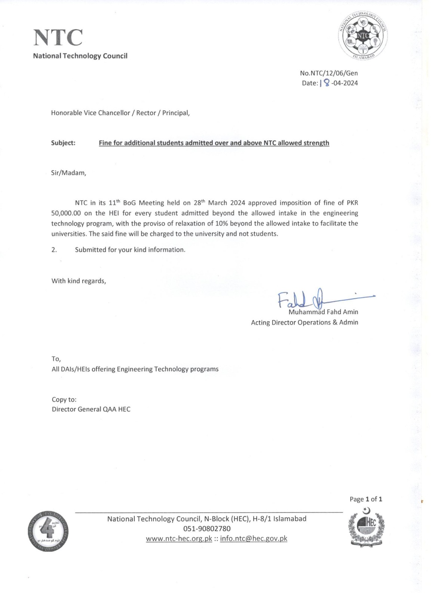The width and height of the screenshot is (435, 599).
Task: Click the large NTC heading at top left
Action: [58, 37]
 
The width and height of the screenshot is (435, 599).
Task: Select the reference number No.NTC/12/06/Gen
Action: [329, 73]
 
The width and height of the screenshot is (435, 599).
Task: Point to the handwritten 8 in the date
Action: [327, 83]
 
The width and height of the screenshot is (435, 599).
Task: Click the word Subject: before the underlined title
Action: [63, 143]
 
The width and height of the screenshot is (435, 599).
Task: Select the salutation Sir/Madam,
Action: [68, 173]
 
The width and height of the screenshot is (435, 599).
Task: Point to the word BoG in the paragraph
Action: [129, 203]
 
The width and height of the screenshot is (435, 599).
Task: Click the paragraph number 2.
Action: [54, 250]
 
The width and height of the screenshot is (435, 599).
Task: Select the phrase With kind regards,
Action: [79, 281]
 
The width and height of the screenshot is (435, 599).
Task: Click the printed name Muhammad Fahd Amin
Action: [323, 312]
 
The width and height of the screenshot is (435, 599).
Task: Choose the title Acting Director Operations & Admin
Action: [304, 322]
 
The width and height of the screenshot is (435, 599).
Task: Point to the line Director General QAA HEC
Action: [91, 409]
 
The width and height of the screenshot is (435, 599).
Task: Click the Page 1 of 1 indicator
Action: [366, 499]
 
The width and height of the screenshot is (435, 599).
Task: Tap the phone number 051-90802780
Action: [207, 529]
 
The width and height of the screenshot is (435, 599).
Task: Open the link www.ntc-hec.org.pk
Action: [179, 539]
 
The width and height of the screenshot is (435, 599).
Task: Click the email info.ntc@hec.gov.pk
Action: [254, 539]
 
